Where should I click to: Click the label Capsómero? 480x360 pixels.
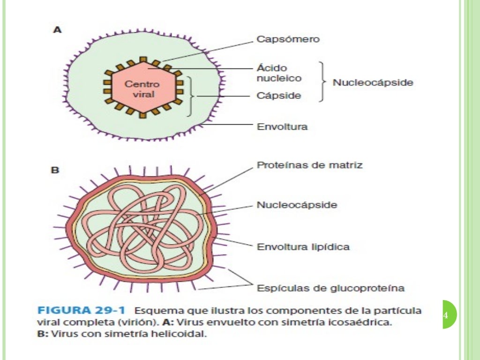click(x=288, y=39)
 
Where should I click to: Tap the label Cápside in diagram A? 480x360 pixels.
click(x=278, y=96)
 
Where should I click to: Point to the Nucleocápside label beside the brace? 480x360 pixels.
click(x=373, y=83)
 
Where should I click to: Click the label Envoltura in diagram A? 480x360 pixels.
click(x=282, y=127)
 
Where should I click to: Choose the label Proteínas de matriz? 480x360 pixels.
click(x=309, y=165)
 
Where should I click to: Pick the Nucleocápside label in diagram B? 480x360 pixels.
click(x=297, y=205)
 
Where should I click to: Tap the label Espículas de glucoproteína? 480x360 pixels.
click(x=330, y=288)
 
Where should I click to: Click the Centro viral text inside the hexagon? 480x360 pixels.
click(x=142, y=89)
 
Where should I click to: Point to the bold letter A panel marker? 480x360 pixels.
click(x=57, y=30)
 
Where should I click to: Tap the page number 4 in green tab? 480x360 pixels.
click(x=446, y=315)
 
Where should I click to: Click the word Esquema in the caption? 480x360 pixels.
click(x=155, y=311)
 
